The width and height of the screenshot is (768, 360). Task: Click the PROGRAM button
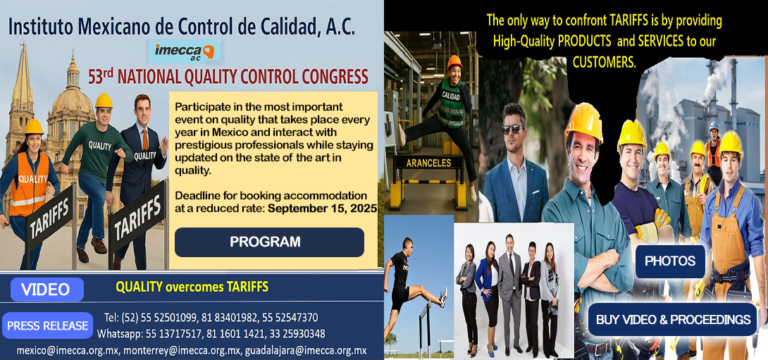[x=269, y=242]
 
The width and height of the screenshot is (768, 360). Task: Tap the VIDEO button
[x=47, y=290]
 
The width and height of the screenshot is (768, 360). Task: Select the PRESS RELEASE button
[x=48, y=326]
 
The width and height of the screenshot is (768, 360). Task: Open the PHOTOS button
[x=670, y=261]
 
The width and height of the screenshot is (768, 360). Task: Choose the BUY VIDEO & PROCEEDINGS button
[x=672, y=320]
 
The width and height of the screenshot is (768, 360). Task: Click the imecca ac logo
[x=187, y=52]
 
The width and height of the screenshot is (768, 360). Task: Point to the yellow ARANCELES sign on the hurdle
[x=428, y=163]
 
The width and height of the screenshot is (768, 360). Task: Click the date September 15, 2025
[x=323, y=209]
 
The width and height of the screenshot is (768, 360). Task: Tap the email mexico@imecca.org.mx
[x=67, y=350]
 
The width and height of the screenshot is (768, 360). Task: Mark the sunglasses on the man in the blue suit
[x=512, y=129]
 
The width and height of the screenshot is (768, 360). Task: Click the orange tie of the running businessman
[x=145, y=137]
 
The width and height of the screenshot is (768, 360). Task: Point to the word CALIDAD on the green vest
[x=452, y=95]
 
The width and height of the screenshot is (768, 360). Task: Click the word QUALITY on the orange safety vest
[x=33, y=179]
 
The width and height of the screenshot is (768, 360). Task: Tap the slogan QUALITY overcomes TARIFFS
[x=192, y=287]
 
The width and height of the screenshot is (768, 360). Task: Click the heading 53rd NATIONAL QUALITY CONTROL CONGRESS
[x=228, y=77]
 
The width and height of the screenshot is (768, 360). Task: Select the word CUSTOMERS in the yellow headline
[x=604, y=62]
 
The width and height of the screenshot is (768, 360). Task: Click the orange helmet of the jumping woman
[x=454, y=62]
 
